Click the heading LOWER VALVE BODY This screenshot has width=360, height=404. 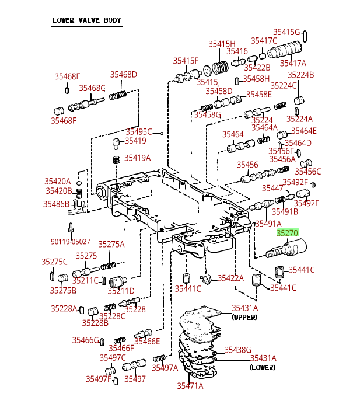coord(87,20)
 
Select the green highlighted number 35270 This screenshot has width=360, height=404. coord(288,233)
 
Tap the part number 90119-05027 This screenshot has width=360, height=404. coord(70,242)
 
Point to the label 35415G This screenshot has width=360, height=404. coord(286,32)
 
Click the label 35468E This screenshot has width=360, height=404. coord(68,76)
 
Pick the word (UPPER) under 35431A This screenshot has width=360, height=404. coord(244,317)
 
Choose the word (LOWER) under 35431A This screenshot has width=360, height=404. coord(263,367)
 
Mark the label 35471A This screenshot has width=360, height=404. coord(190,386)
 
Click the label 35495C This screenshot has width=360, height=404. coord(138,132)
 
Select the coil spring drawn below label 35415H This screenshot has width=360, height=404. coord(220,68)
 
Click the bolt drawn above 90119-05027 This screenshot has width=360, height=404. coord(71,228)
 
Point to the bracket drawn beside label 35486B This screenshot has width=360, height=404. coord(77,207)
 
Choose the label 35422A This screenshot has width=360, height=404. coord(230,278)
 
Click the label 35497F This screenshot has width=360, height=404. coord(99,379)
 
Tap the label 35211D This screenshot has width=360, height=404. coord(121,291)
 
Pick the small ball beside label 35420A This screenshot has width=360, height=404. coord(79,183)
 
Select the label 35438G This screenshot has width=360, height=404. coord(237,350)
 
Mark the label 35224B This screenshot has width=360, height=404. coord(300,75)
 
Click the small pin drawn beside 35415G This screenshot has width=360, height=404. coord(305,36)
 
